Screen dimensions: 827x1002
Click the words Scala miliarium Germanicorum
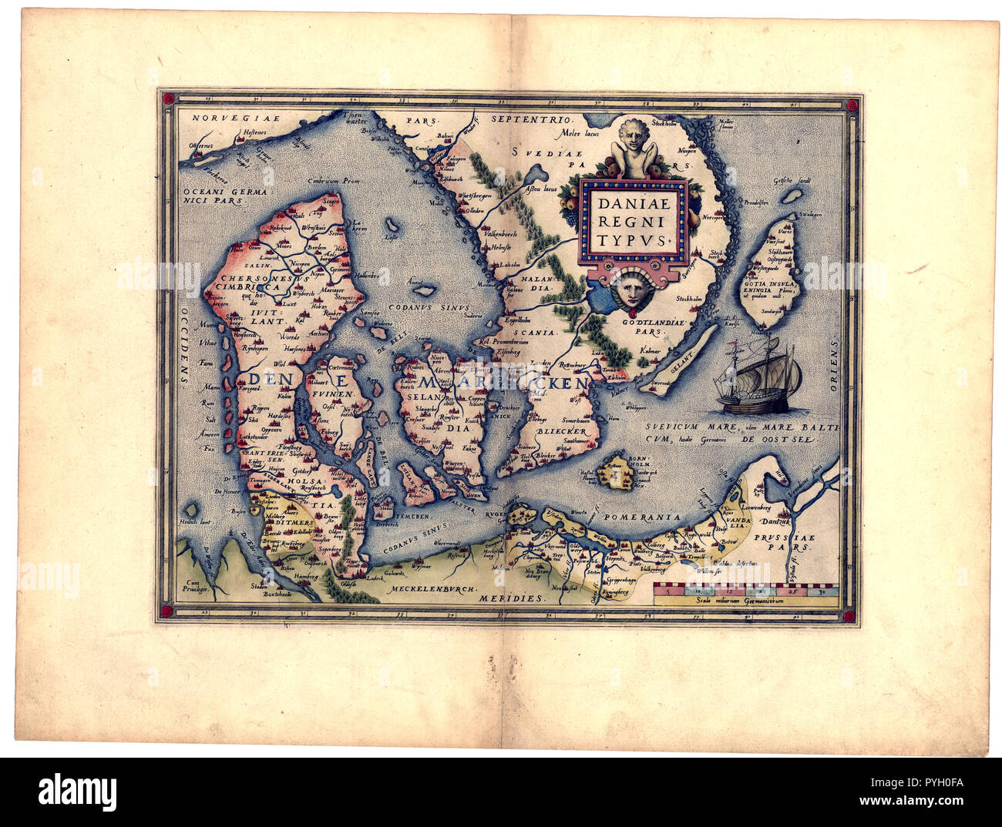click(745, 601)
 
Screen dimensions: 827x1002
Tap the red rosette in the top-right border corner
click(850, 105)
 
